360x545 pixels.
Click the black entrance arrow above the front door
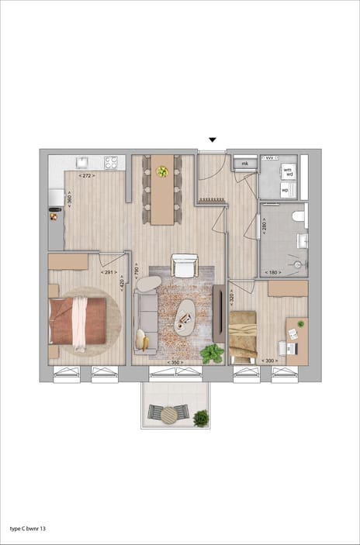pyautogui.click(x=212, y=140)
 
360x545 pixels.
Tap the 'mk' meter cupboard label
pyautogui.click(x=244, y=164)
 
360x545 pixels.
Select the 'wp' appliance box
pyautogui.click(x=285, y=189)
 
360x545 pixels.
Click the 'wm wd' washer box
pyautogui.click(x=287, y=171)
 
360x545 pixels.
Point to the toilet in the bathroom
pyautogui.click(x=299, y=219)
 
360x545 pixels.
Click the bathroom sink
pyautogui.click(x=302, y=241)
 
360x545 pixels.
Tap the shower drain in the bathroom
pyautogui.click(x=296, y=264)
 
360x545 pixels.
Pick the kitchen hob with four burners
pyautogui.click(x=111, y=163)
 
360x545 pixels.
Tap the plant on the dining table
pyautogui.click(x=162, y=171)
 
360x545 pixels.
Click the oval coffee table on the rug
pyautogui.click(x=185, y=316)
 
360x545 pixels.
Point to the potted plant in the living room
pyautogui.click(x=211, y=354)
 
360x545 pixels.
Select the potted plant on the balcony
pyautogui.click(x=201, y=418)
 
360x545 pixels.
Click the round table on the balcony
pyautogui.click(x=169, y=416)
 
